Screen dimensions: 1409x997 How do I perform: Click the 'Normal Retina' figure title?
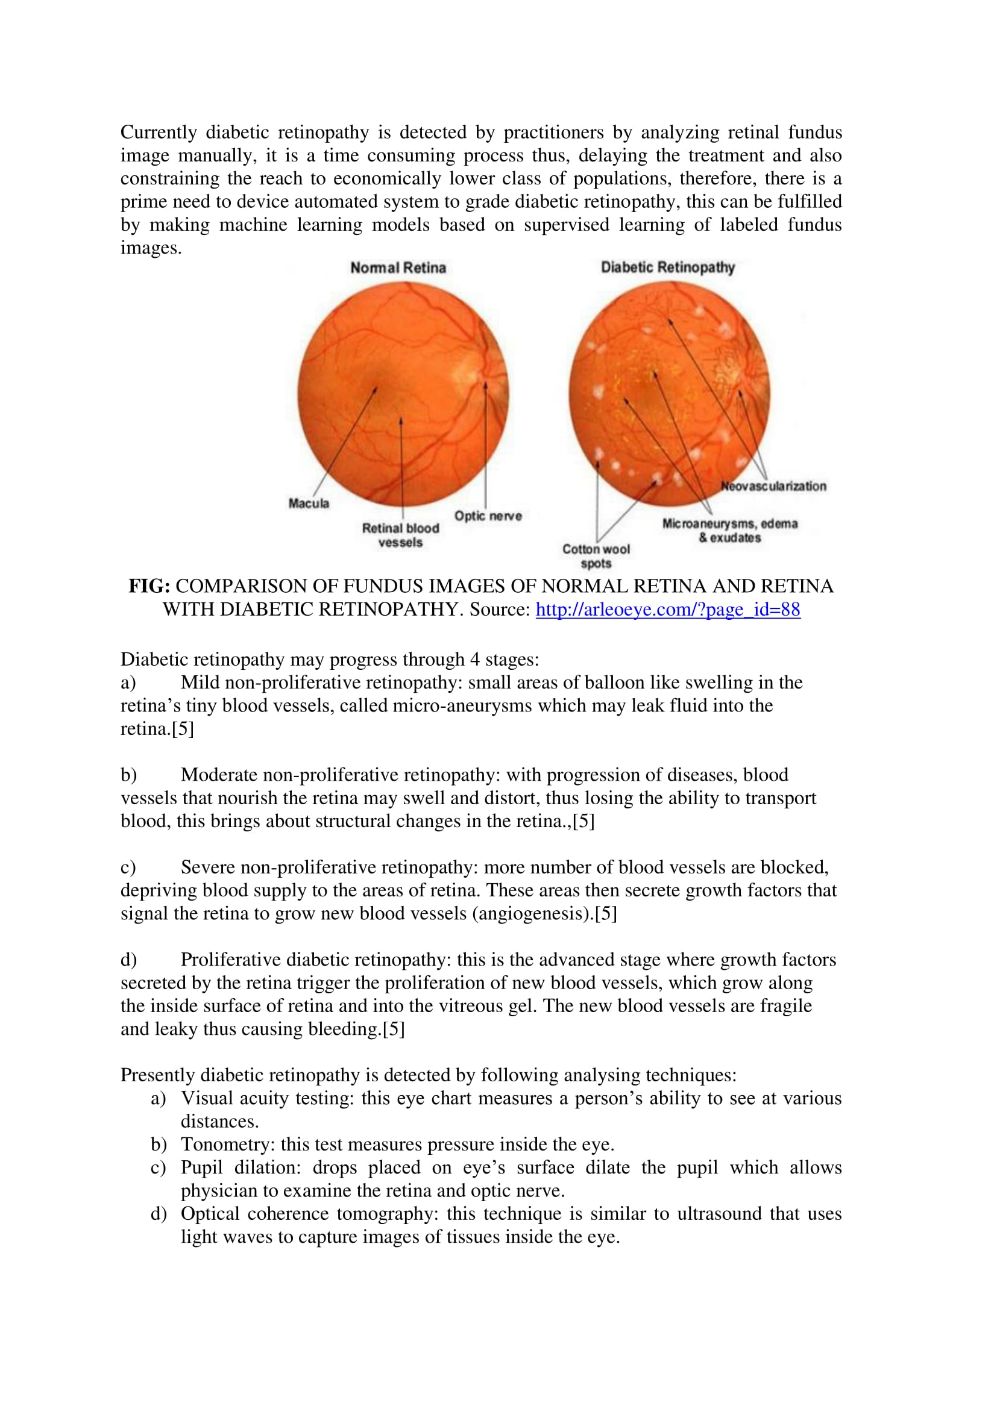pos(398,267)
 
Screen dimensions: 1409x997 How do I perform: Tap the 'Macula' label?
pos(309,503)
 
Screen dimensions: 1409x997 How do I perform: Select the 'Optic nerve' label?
pos(488,516)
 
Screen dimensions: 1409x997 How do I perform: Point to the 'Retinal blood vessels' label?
pos(400,535)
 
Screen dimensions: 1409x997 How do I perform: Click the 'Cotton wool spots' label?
pos(596,556)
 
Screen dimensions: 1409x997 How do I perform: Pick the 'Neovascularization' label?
pos(773,486)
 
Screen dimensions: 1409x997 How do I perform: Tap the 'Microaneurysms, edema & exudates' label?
pos(729,530)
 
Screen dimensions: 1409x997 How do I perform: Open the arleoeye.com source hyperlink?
pos(668,610)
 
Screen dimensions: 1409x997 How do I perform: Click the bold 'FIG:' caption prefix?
pos(149,586)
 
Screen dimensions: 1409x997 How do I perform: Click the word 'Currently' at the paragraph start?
pos(159,133)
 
